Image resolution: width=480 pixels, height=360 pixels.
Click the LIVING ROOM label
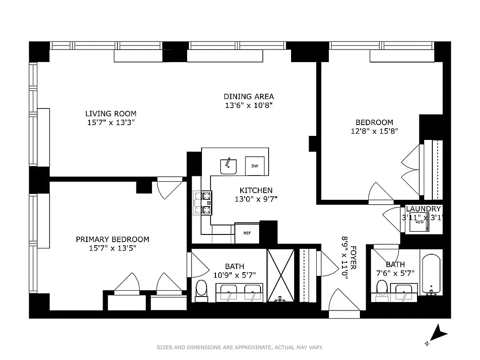(111, 114)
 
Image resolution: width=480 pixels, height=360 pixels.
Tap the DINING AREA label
(249, 96)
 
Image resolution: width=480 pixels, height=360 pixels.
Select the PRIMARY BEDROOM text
(112, 239)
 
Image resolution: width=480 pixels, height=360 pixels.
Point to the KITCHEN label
(256, 190)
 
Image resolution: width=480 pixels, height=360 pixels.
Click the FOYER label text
(353, 257)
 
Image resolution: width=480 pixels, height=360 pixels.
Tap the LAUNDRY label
(423, 209)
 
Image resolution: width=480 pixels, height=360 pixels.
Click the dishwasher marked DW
(255, 166)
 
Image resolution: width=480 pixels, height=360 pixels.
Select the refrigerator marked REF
(247, 233)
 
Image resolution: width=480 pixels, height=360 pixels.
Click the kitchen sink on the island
(229, 166)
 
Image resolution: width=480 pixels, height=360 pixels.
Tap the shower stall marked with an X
(280, 275)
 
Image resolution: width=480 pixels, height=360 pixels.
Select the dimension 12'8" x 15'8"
(374, 131)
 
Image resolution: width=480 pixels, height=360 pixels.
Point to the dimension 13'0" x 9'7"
(256, 199)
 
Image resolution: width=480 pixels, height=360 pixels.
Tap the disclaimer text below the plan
(240, 347)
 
